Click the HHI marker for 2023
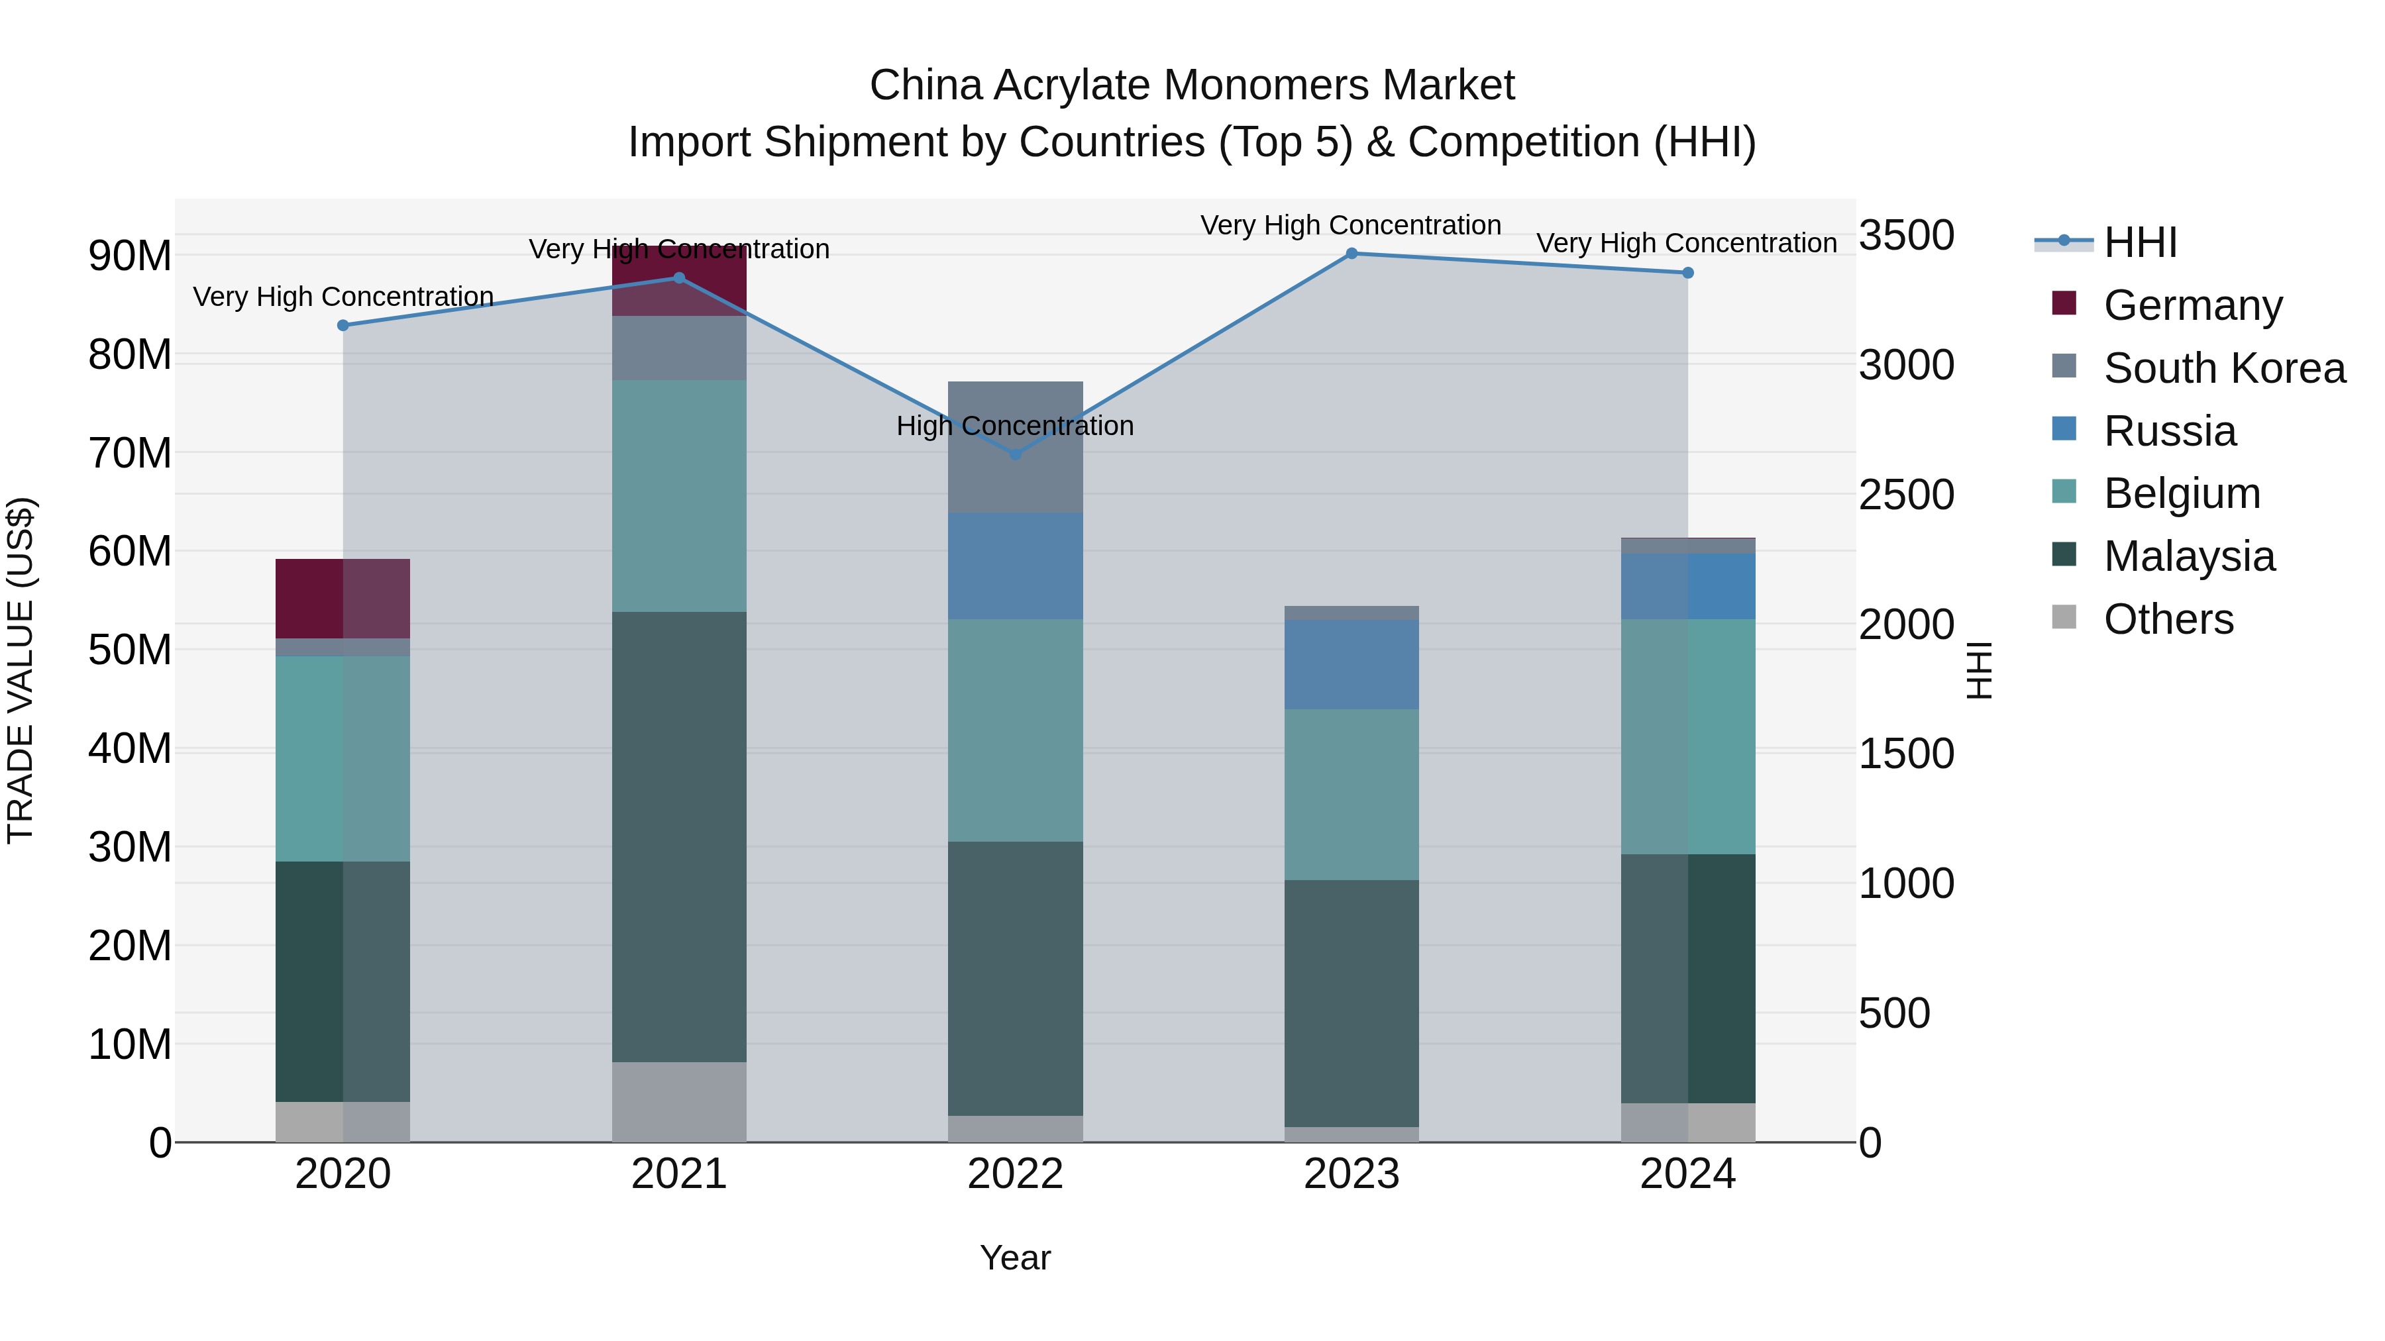pos(1351,254)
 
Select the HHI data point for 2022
pos(1015,454)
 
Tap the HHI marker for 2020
pos(343,326)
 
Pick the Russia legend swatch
pos(2064,429)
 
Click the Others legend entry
pos(2168,619)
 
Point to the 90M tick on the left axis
pos(130,256)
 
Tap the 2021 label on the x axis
pos(678,1174)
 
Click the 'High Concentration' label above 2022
pos(1015,426)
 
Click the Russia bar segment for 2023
pos(1351,664)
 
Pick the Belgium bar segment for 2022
pos(1015,730)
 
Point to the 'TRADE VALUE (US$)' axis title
pos(21,670)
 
